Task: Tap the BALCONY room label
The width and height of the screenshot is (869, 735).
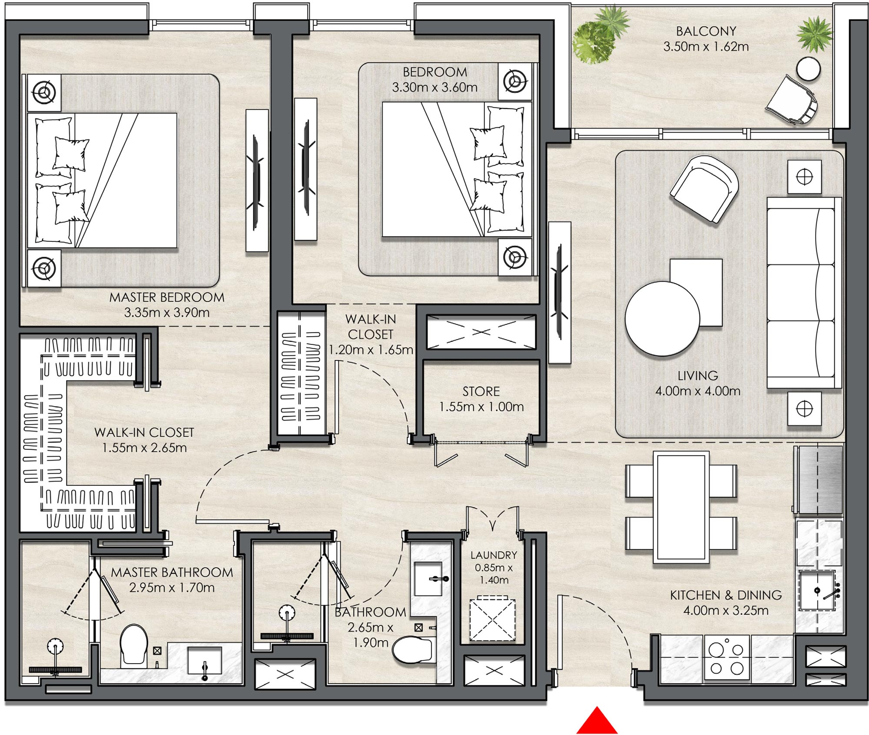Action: (706, 31)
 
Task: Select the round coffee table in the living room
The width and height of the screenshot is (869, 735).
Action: (662, 319)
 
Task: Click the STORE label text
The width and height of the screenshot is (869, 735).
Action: (481, 391)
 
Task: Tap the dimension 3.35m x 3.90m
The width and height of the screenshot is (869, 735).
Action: (167, 313)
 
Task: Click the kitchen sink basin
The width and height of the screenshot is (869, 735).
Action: (816, 591)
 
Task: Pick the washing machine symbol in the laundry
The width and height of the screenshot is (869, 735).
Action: (492, 619)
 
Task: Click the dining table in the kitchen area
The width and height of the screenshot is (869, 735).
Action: (681, 507)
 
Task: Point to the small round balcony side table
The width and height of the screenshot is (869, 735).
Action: (808, 69)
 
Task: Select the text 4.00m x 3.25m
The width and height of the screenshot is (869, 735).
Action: (725, 611)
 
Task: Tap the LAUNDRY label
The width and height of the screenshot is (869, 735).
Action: (494, 555)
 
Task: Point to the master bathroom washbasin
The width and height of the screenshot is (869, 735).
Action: (204, 661)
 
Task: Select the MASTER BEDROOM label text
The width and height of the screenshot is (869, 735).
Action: (167, 297)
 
